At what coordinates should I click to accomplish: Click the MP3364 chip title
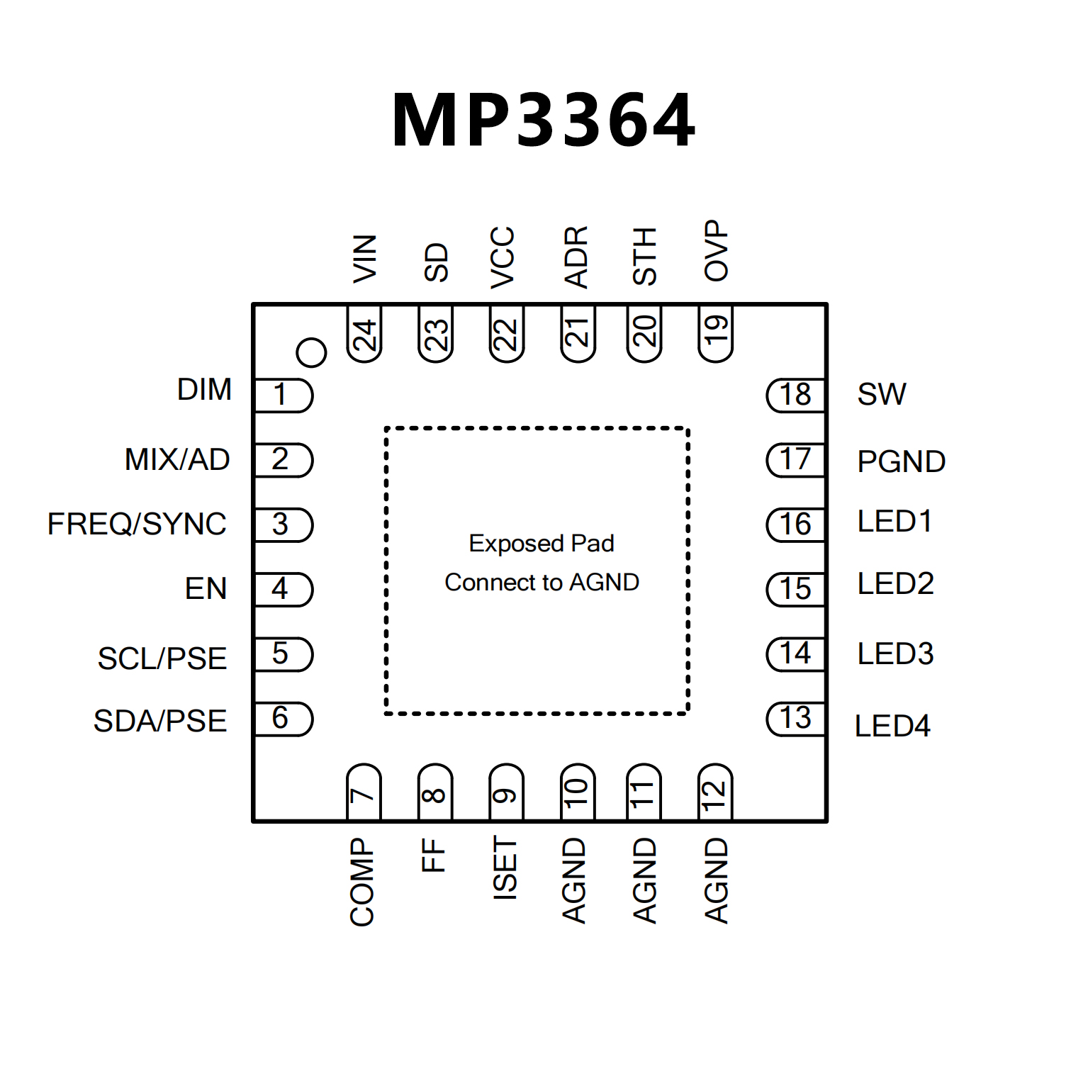click(544, 120)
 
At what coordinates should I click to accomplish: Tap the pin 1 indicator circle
click(311, 352)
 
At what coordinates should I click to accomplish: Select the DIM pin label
click(204, 390)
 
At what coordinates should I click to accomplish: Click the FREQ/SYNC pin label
click(137, 525)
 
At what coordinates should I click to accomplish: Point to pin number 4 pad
click(283, 589)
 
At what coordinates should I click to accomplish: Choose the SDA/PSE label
click(160, 722)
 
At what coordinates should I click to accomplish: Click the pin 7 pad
click(364, 792)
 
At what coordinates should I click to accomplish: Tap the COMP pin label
click(362, 882)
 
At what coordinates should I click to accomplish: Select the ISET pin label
click(505, 868)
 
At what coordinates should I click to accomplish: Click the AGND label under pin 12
click(717, 880)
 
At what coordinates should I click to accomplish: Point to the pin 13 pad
click(796, 719)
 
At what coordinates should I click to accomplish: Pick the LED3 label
click(895, 654)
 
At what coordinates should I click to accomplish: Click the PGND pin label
click(901, 462)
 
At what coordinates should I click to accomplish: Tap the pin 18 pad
click(796, 395)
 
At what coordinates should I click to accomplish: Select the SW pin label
click(882, 395)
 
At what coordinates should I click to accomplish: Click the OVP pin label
click(717, 250)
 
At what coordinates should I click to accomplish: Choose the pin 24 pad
click(364, 334)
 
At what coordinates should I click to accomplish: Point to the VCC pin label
click(503, 257)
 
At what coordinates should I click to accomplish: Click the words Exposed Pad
click(542, 544)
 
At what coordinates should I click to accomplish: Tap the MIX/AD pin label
click(177, 460)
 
